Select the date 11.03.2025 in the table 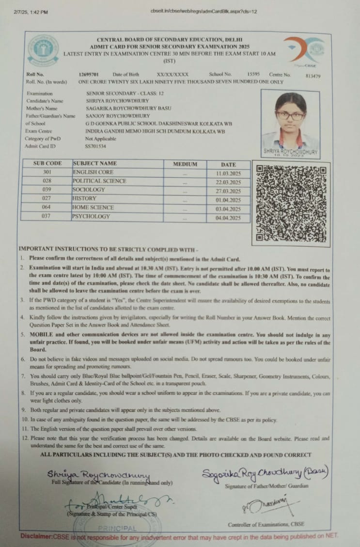[x=228, y=173]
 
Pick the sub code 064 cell [x=47, y=207]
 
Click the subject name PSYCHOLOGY [x=91, y=216]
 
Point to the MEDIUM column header [x=185, y=164]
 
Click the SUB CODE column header [x=47, y=163]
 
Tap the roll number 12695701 [x=89, y=75]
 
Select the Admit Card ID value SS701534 [x=95, y=146]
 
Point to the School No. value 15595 [x=253, y=74]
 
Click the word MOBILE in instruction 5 [x=41, y=335]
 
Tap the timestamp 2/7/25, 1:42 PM [x=31, y=12]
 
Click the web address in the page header [x=204, y=11]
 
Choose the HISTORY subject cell [x=84, y=198]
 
